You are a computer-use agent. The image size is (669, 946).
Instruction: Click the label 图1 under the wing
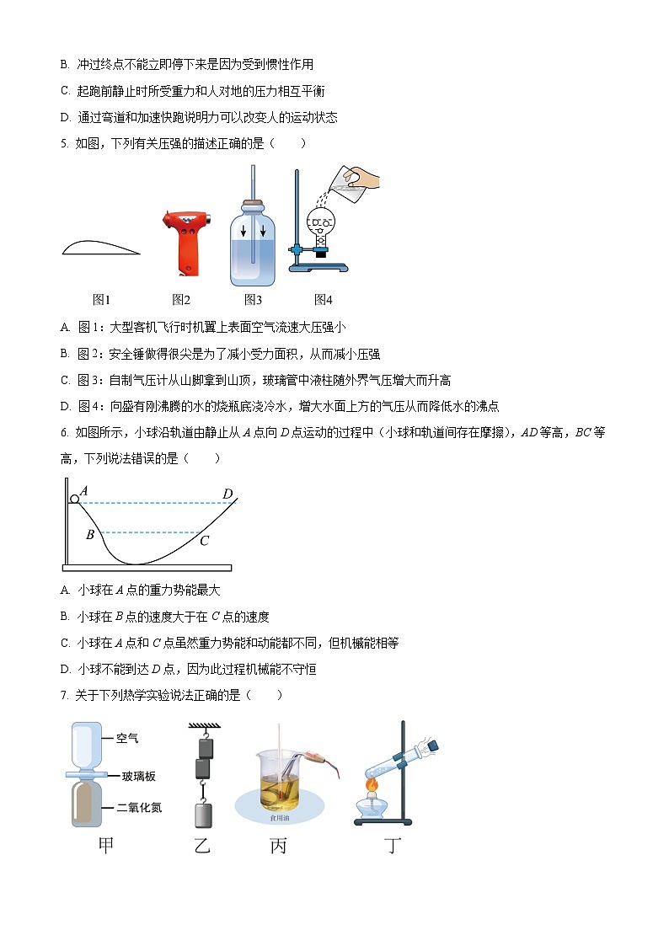(x=102, y=299)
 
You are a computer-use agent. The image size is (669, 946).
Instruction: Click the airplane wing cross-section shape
(x=100, y=247)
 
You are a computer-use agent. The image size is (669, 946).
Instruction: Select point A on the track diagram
(x=84, y=491)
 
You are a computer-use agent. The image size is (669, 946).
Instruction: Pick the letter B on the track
(x=90, y=534)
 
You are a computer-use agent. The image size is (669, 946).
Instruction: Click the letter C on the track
(x=204, y=541)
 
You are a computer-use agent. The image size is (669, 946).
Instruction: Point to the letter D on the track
(x=227, y=494)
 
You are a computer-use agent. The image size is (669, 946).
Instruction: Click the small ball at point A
(x=75, y=500)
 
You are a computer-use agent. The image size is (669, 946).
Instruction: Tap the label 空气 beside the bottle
(x=128, y=738)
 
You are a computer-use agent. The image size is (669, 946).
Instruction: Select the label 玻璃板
(x=138, y=776)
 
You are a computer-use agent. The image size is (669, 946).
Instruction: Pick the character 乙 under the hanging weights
(x=201, y=846)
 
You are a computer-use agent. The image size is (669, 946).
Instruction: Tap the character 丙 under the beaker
(x=278, y=846)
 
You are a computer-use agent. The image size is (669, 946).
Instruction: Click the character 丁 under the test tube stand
(x=393, y=846)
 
